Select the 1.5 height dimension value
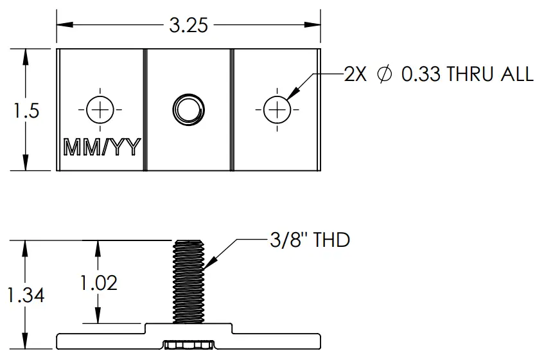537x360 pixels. point(26,111)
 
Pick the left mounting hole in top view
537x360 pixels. point(100,110)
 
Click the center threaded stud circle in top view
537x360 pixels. point(188,109)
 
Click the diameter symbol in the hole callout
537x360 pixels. point(384,75)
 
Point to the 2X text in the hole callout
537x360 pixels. point(355,75)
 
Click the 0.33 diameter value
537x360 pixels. point(421,75)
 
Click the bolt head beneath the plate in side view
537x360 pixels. point(189,346)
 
